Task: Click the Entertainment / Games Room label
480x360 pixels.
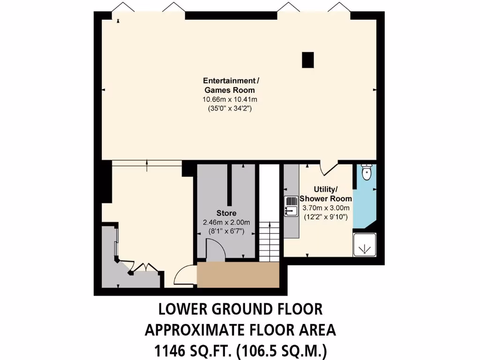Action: pyautogui.click(x=229, y=85)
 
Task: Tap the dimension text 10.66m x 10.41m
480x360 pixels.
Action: pyautogui.click(x=229, y=99)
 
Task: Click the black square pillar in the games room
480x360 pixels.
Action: pyautogui.click(x=307, y=60)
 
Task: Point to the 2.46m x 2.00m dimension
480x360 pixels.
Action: pyautogui.click(x=226, y=222)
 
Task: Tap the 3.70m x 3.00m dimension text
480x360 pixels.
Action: pyautogui.click(x=325, y=208)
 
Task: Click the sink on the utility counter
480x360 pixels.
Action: pyautogui.click(x=290, y=207)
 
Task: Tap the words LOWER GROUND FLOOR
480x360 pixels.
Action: pyautogui.click(x=240, y=310)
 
